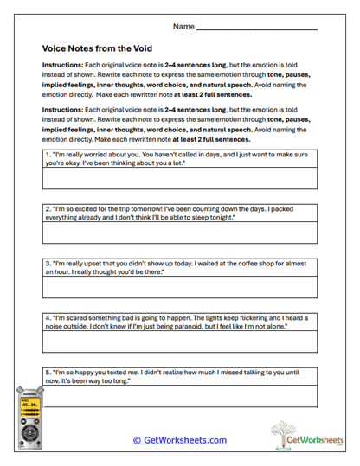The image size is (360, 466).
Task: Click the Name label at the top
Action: (183, 27)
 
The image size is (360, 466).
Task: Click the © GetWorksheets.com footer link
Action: (179, 440)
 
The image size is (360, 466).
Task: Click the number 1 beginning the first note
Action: (47, 153)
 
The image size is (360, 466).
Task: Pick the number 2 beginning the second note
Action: (47, 208)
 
